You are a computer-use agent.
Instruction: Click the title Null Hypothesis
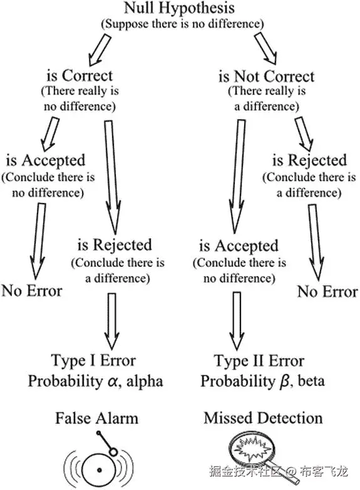click(x=179, y=9)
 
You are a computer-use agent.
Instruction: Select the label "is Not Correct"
click(x=266, y=76)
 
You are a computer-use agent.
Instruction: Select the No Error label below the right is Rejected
click(x=327, y=291)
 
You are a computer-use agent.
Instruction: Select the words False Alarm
click(x=96, y=417)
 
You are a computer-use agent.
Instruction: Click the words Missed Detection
click(x=263, y=417)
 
